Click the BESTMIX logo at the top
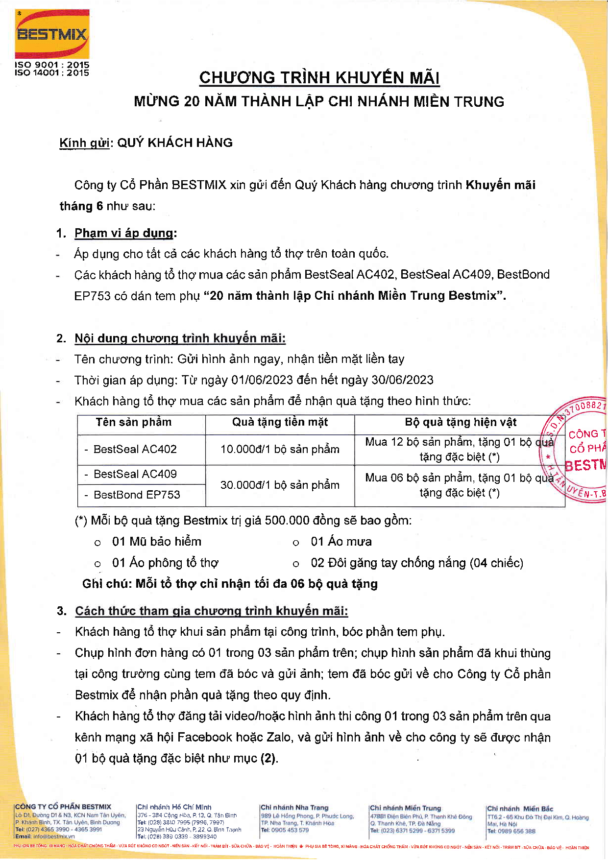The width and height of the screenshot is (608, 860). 52,34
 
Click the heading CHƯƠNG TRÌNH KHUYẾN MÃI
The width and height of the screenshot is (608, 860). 319,78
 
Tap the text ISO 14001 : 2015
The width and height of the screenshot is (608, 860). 52,73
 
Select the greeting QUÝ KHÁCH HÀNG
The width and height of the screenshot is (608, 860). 175,143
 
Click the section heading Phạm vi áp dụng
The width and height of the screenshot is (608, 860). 124,233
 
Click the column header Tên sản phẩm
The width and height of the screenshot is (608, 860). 134,422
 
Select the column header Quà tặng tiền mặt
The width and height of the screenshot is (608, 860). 280,422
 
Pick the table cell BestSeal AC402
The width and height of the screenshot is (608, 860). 135,449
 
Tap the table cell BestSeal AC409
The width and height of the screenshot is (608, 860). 135,474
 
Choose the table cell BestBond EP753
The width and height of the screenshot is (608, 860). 137,495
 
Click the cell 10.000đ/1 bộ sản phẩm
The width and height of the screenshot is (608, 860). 280,449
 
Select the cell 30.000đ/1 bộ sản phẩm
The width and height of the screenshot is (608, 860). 280,485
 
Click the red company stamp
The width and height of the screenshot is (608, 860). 578,450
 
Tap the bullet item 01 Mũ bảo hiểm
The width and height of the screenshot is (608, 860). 157,542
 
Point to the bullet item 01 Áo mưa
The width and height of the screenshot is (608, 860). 341,542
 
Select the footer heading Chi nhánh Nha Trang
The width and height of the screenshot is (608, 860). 294,808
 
